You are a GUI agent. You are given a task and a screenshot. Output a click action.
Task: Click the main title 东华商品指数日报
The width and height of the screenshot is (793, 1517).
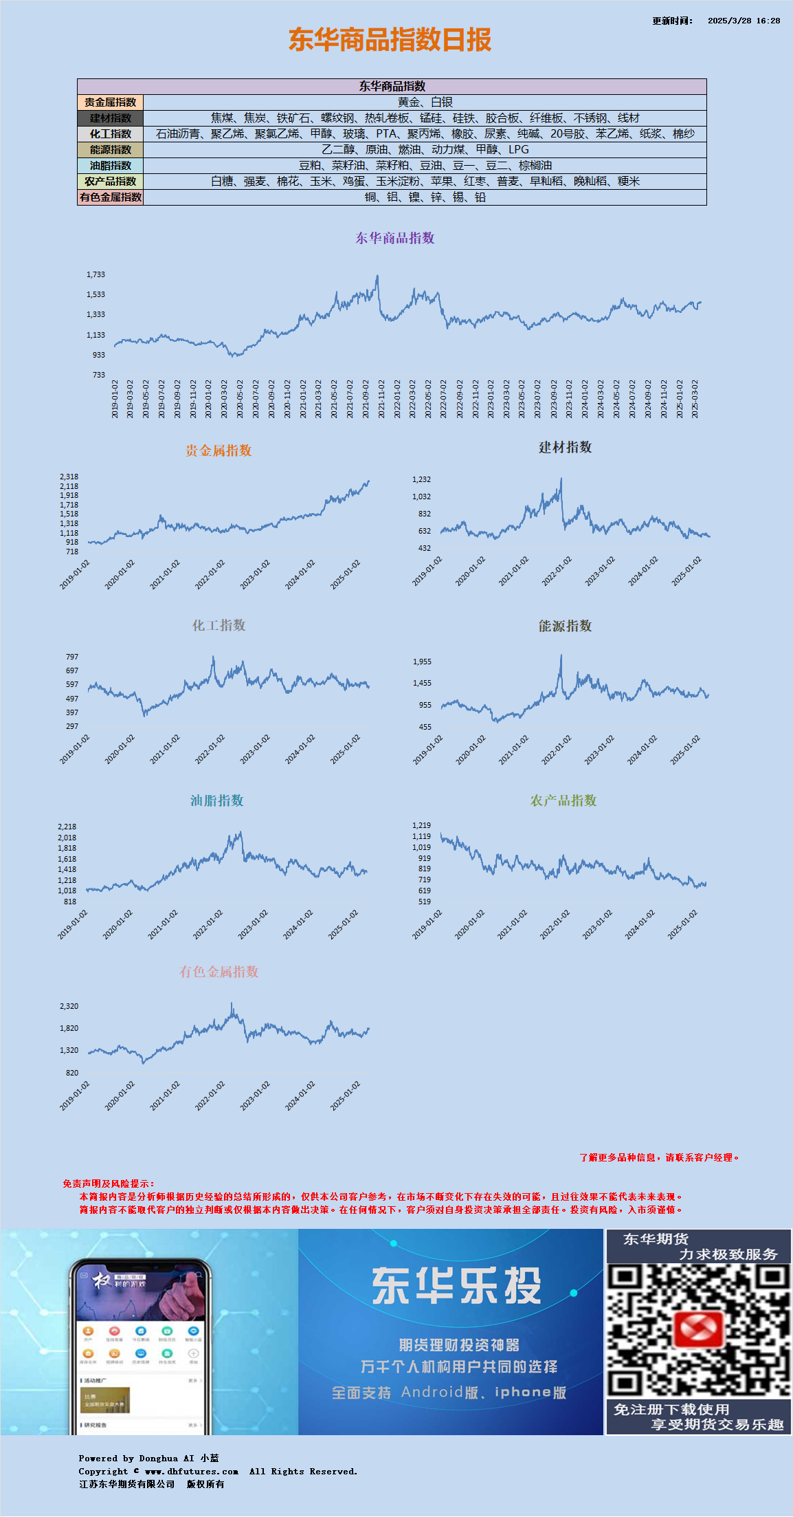(x=390, y=40)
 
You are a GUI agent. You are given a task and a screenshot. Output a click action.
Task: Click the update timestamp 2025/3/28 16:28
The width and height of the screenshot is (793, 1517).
(x=744, y=21)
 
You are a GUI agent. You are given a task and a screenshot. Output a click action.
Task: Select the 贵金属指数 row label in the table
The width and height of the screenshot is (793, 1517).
(x=111, y=102)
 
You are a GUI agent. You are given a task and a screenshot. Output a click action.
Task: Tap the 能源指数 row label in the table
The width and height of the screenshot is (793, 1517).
(x=111, y=150)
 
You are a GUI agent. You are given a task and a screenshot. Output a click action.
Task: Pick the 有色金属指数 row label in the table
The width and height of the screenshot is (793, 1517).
(x=111, y=197)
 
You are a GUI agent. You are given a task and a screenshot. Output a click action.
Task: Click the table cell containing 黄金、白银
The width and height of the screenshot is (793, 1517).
(x=425, y=102)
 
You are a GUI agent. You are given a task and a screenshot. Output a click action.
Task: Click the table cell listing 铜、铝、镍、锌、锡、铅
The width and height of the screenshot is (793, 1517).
(x=425, y=197)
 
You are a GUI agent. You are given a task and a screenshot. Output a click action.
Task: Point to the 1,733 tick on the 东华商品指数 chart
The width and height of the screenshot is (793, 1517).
(x=96, y=274)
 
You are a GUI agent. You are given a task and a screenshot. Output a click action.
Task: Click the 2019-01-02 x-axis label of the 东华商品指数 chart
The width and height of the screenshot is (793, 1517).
(x=115, y=399)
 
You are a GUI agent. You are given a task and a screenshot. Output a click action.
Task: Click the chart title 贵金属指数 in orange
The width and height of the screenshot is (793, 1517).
(x=219, y=450)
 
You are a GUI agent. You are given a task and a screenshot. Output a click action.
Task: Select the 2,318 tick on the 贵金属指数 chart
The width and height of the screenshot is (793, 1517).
(x=69, y=477)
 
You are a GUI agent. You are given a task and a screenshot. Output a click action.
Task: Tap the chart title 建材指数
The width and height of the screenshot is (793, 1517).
(x=565, y=448)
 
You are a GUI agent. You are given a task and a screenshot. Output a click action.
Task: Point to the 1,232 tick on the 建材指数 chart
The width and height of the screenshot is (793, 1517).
(x=421, y=479)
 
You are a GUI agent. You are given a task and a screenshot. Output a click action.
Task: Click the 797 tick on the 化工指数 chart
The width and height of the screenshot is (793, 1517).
(x=72, y=657)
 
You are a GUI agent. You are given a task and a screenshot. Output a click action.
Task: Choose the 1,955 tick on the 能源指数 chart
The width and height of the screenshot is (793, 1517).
(x=422, y=662)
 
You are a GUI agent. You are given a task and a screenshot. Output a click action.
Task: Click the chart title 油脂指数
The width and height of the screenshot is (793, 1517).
(x=217, y=800)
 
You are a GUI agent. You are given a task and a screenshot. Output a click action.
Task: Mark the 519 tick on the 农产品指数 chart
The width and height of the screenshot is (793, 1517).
(x=425, y=902)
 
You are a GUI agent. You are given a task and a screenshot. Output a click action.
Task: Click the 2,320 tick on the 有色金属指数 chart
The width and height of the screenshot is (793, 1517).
(x=69, y=1006)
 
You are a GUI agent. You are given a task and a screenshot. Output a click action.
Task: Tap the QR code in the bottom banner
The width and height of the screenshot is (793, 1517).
(x=698, y=1332)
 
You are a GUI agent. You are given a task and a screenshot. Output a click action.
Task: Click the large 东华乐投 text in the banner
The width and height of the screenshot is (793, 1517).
(x=457, y=1287)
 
